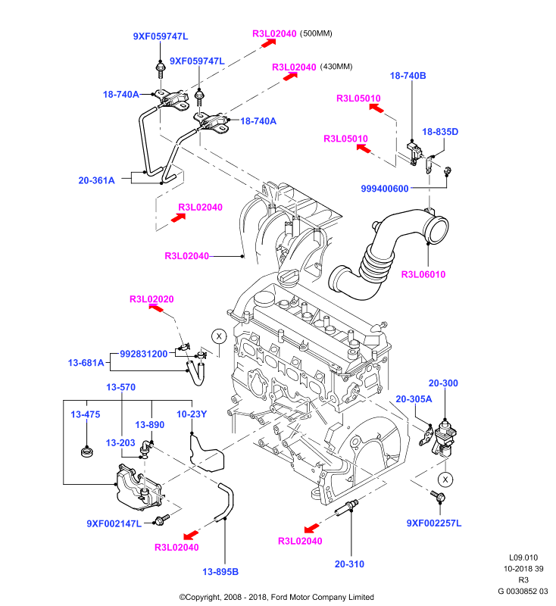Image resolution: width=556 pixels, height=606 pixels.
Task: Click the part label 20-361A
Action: pyautogui.click(x=97, y=180)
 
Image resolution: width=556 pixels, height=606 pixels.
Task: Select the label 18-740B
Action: pyautogui.click(x=408, y=76)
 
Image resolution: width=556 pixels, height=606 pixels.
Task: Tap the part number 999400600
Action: pyautogui.click(x=385, y=189)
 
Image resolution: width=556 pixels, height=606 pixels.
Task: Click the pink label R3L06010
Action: pyautogui.click(x=423, y=274)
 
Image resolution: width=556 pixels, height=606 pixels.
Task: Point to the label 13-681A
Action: pyautogui.click(x=86, y=363)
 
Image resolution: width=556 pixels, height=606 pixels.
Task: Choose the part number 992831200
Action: pyautogui.click(x=144, y=354)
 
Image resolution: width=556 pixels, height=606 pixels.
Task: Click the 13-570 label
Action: pyautogui.click(x=121, y=387)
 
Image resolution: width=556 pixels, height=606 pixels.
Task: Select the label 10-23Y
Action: pyautogui.click(x=192, y=414)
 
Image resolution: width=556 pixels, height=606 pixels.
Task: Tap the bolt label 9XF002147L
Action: pyautogui.click(x=114, y=523)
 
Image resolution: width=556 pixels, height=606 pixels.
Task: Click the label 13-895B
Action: pyautogui.click(x=220, y=572)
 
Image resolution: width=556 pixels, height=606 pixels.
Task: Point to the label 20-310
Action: pyautogui.click(x=349, y=564)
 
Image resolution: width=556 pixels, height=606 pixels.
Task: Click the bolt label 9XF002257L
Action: pyautogui.click(x=434, y=523)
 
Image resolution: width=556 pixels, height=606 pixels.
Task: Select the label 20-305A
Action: pyautogui.click(x=414, y=399)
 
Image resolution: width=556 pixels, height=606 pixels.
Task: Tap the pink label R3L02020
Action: pyautogui.click(x=151, y=299)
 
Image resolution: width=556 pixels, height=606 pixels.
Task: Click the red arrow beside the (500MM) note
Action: pyautogui.click(x=269, y=42)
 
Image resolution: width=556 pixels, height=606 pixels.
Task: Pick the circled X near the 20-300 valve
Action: pyautogui.click(x=445, y=479)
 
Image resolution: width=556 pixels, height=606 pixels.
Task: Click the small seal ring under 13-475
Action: pyautogui.click(x=86, y=451)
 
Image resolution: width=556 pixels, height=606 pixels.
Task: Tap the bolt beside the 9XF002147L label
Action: pyautogui.click(x=161, y=520)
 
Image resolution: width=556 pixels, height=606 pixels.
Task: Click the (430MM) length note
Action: pyautogui.click(x=336, y=67)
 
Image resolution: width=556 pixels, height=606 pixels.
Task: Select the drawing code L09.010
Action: pyautogui.click(x=523, y=558)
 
